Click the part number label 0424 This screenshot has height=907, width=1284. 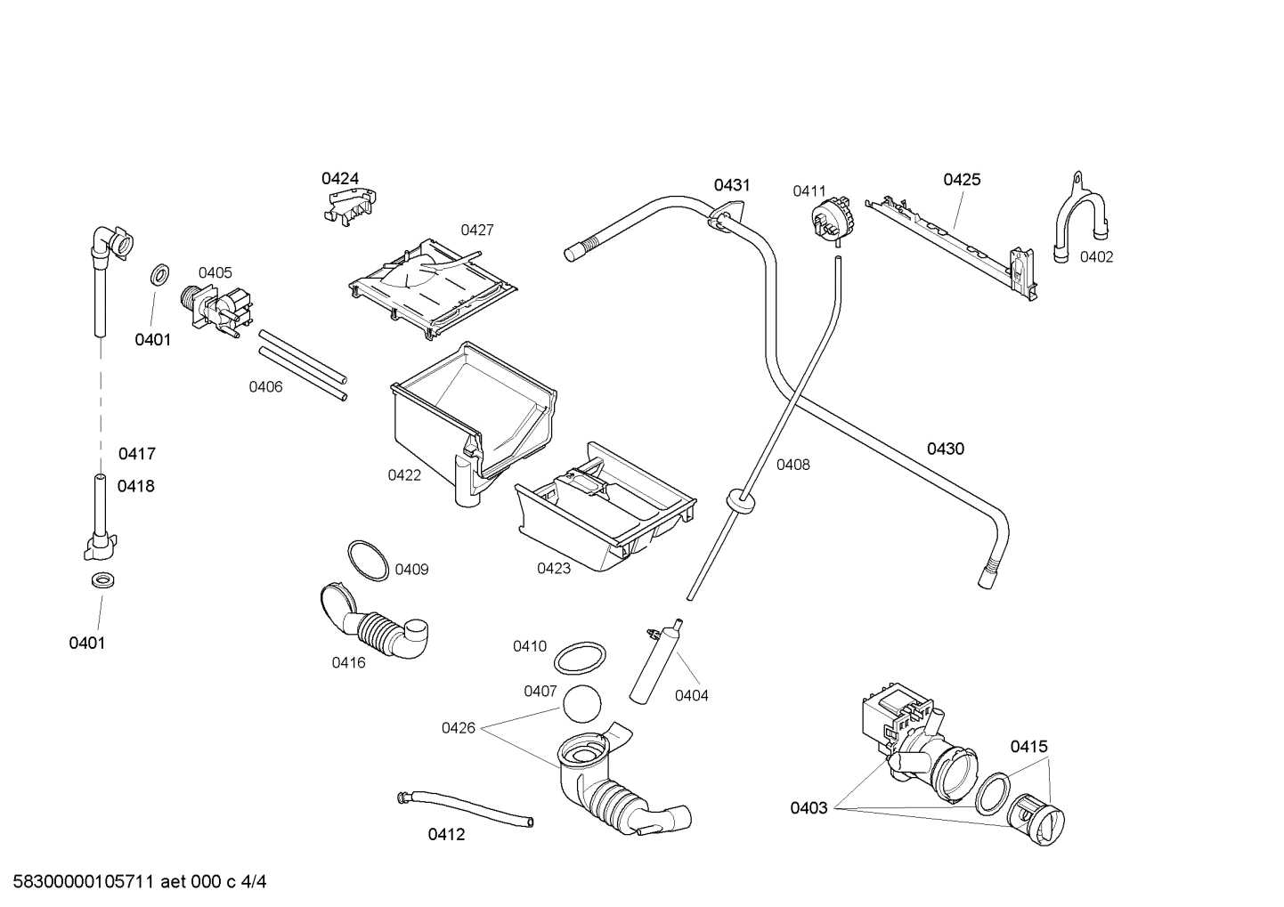tap(340, 179)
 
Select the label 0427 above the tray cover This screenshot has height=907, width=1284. tap(476, 230)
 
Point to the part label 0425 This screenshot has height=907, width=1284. tap(962, 180)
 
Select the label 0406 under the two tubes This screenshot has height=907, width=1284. tap(265, 386)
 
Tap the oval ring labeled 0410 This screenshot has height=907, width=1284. tap(576, 660)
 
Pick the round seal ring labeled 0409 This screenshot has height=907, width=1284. tap(367, 560)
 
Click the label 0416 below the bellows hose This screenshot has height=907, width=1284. tap(348, 662)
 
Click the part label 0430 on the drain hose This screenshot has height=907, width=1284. tap(945, 449)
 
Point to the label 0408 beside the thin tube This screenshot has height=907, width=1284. tap(792, 464)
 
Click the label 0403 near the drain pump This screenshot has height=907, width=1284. tap(809, 807)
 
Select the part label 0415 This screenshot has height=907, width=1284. tap(1028, 747)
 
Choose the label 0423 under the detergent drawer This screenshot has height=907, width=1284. tap(553, 568)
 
